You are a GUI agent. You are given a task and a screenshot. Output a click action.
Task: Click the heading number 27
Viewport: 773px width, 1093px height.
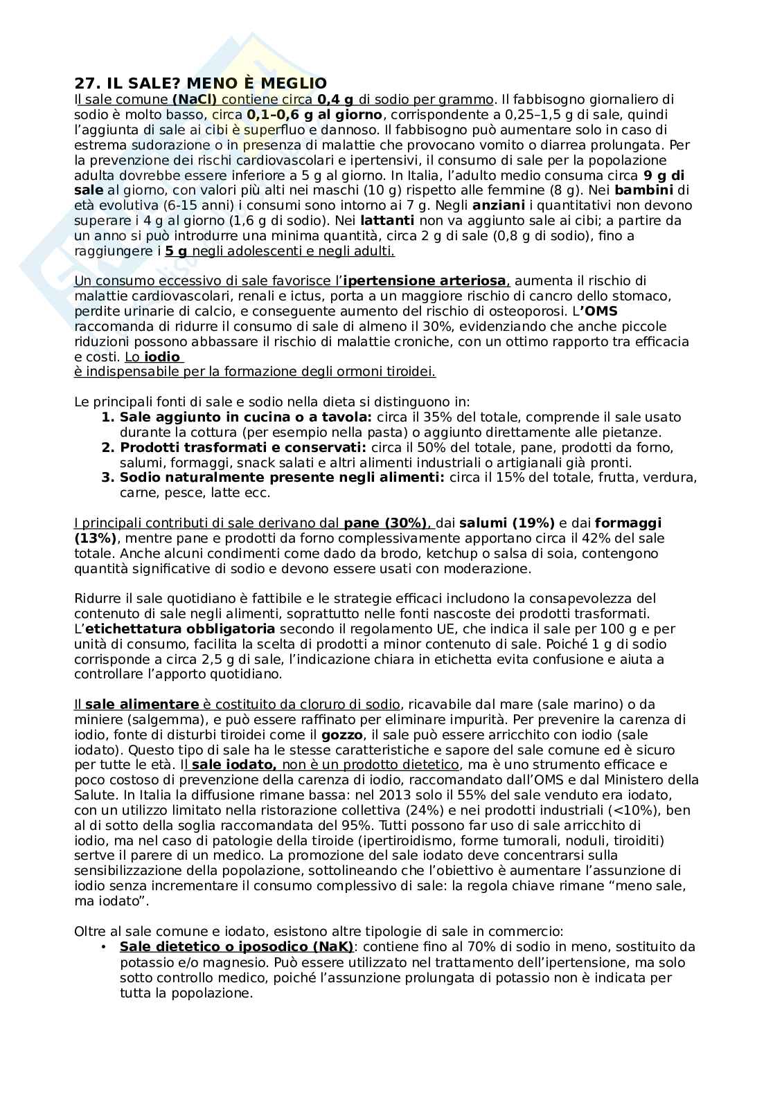tap(84, 83)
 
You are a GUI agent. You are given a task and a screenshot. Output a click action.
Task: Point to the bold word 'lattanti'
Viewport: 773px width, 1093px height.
tap(387, 221)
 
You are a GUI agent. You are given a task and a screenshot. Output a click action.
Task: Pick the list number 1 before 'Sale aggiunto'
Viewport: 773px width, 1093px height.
tap(107, 417)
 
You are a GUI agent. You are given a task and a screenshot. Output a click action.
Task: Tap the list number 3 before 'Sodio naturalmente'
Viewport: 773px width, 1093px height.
tap(107, 478)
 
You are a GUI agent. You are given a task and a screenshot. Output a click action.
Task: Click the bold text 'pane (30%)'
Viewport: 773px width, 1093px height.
tap(386, 523)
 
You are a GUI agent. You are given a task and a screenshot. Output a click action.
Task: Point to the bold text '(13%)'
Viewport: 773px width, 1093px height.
tap(96, 539)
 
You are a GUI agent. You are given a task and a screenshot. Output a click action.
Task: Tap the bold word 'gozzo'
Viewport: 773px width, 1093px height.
tap(339, 735)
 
